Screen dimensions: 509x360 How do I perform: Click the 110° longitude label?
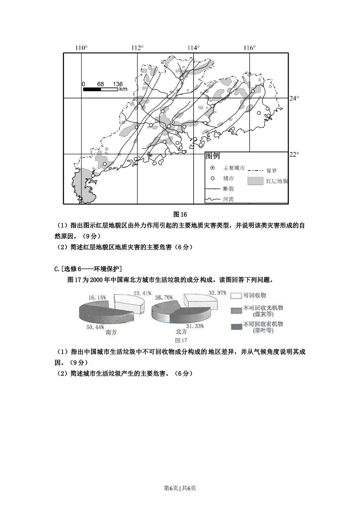pos(81,48)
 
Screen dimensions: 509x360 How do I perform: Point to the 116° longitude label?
pos(249,48)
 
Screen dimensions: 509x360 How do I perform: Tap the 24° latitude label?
pos(295,98)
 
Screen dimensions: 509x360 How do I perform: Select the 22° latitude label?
pos(295,154)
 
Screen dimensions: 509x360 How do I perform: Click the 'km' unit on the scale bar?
pos(123,89)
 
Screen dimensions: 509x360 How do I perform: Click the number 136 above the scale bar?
pos(118,84)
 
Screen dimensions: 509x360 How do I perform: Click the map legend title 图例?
pos(212,156)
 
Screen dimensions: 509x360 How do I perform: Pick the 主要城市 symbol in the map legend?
pos(213,168)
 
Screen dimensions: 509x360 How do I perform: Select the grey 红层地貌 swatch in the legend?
pos(255,181)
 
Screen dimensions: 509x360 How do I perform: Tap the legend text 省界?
pos(272,171)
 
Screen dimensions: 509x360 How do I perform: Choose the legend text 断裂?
pos(229,189)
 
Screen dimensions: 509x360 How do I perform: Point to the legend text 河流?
pos(228,199)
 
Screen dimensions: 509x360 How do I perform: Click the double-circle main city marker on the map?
pos(173,122)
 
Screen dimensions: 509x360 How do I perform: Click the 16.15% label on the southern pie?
pos(97,298)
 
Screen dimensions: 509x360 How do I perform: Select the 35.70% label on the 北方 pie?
pos(164,298)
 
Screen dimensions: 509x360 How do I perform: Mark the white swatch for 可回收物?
pos(236,295)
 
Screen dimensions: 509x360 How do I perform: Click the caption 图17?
pos(181,340)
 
